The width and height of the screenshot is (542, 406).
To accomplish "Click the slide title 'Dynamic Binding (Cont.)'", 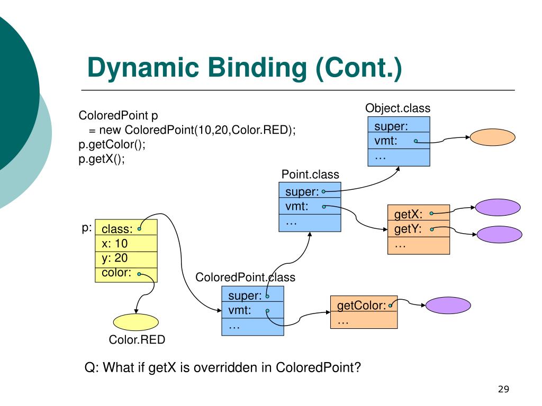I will (244, 68).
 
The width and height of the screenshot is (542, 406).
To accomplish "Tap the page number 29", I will (503, 390).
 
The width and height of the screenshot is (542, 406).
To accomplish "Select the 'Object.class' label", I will (398, 108).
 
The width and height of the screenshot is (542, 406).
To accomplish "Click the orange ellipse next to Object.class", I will (492, 137).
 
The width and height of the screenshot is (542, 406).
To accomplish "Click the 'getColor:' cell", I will (363, 305).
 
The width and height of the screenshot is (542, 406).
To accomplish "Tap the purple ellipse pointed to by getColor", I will (448, 305).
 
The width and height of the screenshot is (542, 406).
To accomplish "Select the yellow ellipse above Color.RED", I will (136, 322).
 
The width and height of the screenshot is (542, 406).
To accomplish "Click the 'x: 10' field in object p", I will (126, 244).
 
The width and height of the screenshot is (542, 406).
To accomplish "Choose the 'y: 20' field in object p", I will (126, 259).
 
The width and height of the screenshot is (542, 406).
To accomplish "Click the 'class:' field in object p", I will (126, 229).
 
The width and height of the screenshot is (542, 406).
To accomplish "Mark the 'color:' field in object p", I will (126, 273).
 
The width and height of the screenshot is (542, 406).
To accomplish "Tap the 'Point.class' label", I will (310, 174).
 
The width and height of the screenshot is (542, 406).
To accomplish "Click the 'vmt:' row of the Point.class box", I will (310, 207).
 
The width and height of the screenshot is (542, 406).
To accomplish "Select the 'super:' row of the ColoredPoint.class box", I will (252, 295).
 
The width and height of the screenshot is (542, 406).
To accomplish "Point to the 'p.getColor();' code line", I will (112, 145).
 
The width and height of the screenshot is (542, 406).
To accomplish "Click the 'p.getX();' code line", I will (102, 160).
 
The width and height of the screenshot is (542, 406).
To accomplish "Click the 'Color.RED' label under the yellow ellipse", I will (137, 340).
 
